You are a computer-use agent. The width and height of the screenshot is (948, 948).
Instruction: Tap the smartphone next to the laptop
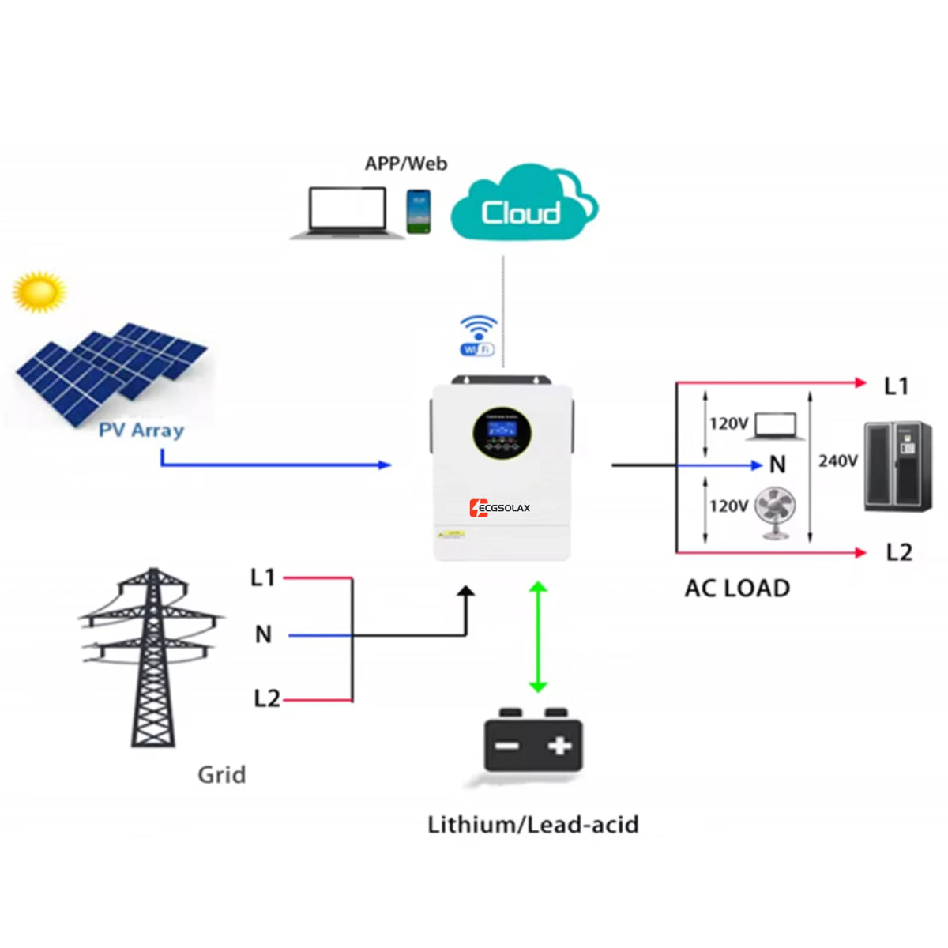(x=419, y=211)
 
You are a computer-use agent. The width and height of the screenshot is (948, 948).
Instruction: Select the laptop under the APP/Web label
(x=347, y=212)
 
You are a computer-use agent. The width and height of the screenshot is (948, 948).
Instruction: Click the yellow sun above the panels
(x=39, y=292)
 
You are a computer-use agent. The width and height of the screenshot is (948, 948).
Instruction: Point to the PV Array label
(x=141, y=431)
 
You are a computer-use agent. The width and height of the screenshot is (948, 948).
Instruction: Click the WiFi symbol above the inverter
(x=478, y=335)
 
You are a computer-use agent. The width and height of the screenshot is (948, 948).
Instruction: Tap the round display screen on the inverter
(x=502, y=433)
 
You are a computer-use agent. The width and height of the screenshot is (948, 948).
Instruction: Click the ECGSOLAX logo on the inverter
(x=500, y=507)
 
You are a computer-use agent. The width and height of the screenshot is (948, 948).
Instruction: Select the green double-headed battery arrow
(x=538, y=637)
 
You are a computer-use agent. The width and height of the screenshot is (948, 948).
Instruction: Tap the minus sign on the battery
(x=506, y=747)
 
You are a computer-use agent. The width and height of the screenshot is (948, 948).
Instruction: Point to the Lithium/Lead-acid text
(x=532, y=825)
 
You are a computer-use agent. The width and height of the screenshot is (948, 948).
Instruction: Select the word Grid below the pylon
(x=221, y=774)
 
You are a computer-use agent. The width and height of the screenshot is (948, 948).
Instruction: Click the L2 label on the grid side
(x=266, y=698)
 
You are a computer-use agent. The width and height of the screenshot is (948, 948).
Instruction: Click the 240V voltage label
(x=838, y=461)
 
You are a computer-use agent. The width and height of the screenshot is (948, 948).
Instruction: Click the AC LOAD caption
(x=737, y=589)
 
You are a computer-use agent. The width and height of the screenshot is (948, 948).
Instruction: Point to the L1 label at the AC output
(x=896, y=386)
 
